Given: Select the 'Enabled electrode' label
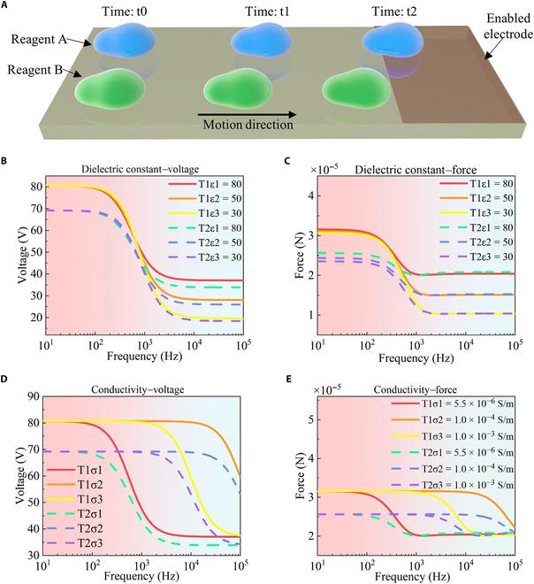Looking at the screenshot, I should coord(500,26).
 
